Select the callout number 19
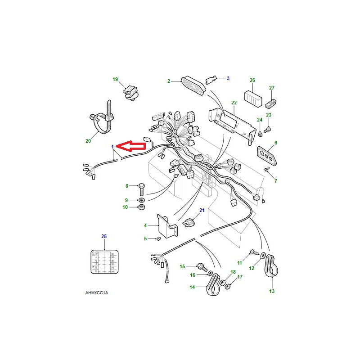(x=115, y=79)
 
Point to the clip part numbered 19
(x=131, y=93)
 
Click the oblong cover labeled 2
(x=193, y=84)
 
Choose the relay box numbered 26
(x=253, y=99)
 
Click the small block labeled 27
(x=271, y=104)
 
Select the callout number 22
(x=234, y=103)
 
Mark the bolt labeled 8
(x=141, y=189)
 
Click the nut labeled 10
(x=142, y=207)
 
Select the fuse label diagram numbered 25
(x=104, y=262)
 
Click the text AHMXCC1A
(x=97, y=293)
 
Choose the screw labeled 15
(x=202, y=267)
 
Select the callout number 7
(x=275, y=181)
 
